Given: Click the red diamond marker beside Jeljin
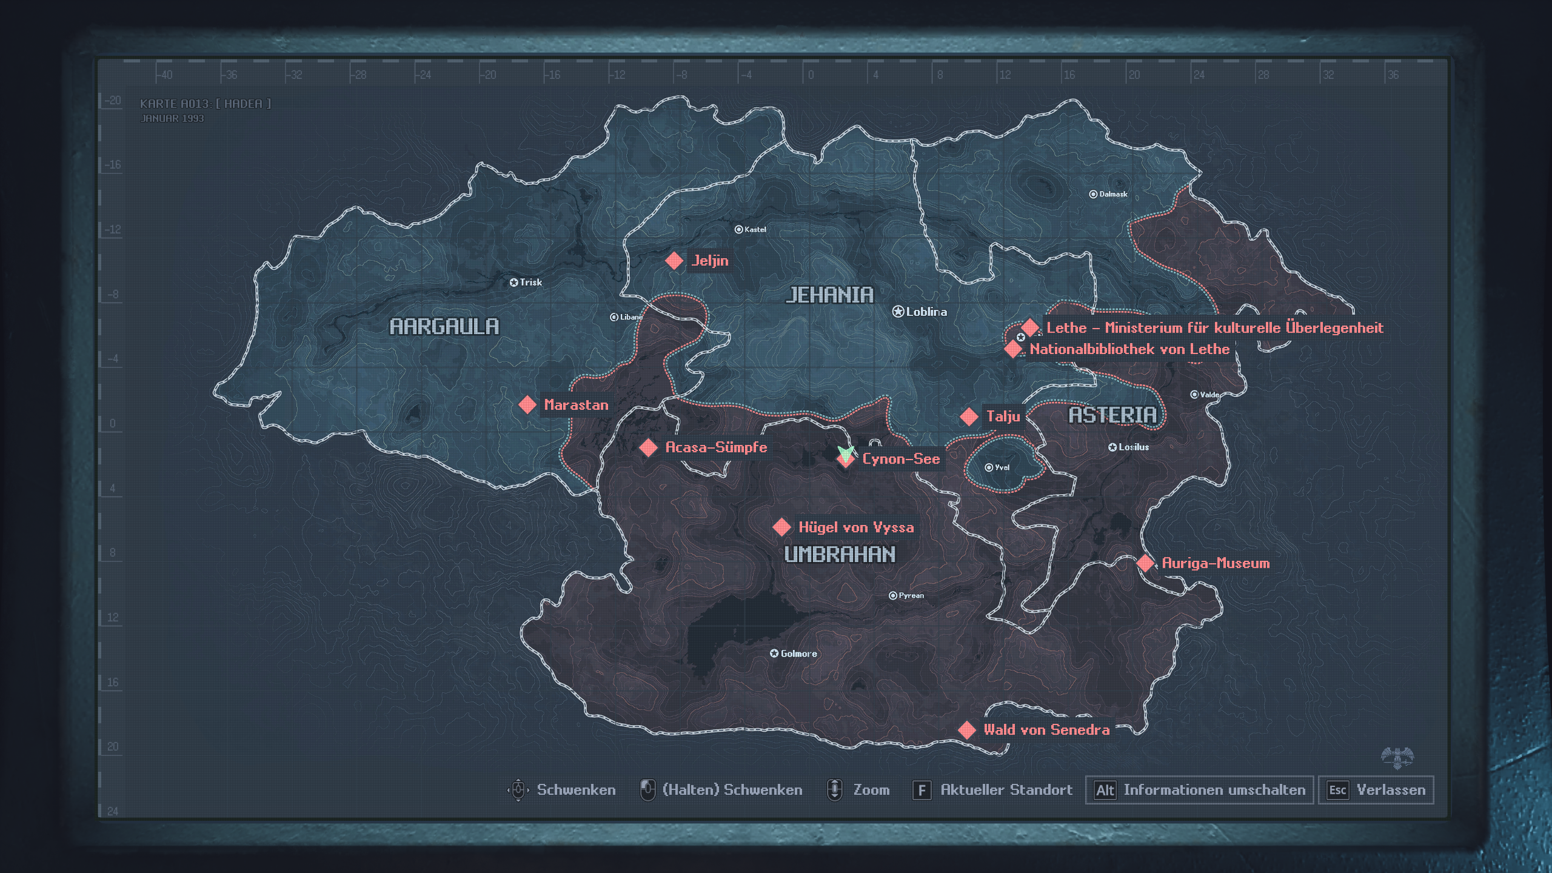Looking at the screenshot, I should pyautogui.click(x=674, y=261).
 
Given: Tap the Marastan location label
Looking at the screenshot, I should pyautogui.click(x=576, y=405).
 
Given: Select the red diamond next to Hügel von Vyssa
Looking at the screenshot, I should pyautogui.click(x=782, y=527).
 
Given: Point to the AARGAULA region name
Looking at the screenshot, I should pyautogui.click(x=444, y=327).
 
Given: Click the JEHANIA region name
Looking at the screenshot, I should pyautogui.click(x=829, y=295).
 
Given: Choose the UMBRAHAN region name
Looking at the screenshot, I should pyautogui.click(x=840, y=554).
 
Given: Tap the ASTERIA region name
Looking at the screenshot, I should pyautogui.click(x=1112, y=415).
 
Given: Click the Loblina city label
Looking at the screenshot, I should pyautogui.click(x=926, y=312).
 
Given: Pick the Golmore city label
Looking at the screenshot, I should pyautogui.click(x=798, y=654).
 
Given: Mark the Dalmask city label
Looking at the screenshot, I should pyautogui.click(x=1113, y=194).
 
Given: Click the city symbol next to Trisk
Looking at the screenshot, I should pyautogui.click(x=513, y=283).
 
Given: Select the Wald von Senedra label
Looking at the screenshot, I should pyautogui.click(x=1046, y=729).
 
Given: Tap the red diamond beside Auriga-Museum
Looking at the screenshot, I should pyautogui.click(x=1145, y=563).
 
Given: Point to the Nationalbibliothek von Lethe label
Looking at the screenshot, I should pyautogui.click(x=1129, y=349).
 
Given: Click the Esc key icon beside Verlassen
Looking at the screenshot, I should pyautogui.click(x=1337, y=790).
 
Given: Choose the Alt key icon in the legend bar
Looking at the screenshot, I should pyautogui.click(x=1105, y=790).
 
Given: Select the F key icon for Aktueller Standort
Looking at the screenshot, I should pyautogui.click(x=921, y=790).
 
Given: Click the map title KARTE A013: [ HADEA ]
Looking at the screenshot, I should pyautogui.click(x=205, y=104).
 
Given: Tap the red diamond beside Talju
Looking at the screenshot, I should pyautogui.click(x=969, y=416).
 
